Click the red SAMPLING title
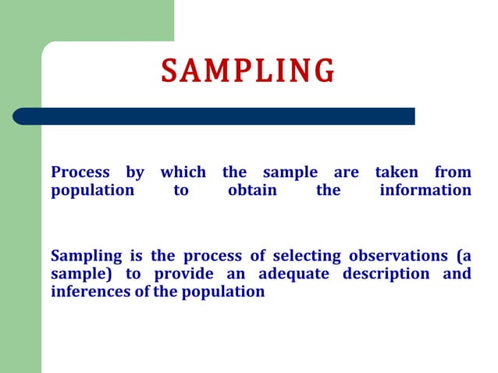click(248, 70)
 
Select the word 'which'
click(183, 172)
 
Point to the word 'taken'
click(397, 172)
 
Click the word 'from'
click(453, 172)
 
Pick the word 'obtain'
click(252, 190)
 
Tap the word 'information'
click(425, 190)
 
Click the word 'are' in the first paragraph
click(346, 172)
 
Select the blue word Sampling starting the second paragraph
click(86, 256)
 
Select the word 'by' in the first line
click(135, 172)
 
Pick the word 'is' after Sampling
click(134, 256)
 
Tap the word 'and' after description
click(457, 274)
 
